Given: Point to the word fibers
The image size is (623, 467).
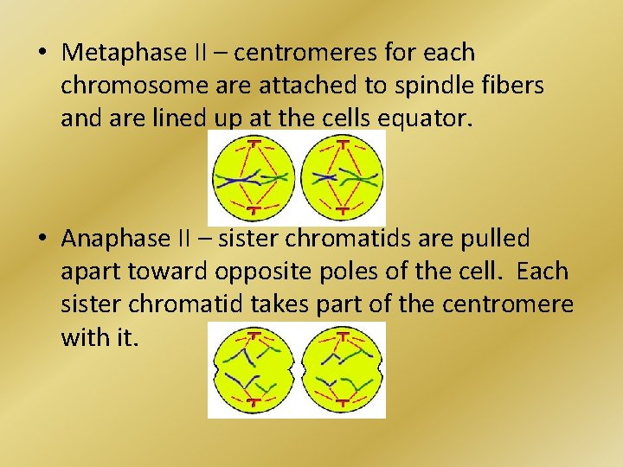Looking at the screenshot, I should click(x=512, y=86).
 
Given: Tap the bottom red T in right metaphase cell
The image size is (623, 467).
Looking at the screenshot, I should click(x=343, y=209).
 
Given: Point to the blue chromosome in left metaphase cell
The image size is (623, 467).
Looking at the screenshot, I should click(x=238, y=180).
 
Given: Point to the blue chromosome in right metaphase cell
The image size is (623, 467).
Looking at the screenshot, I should click(x=325, y=177).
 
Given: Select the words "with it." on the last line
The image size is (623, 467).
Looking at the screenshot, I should click(x=98, y=337).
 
